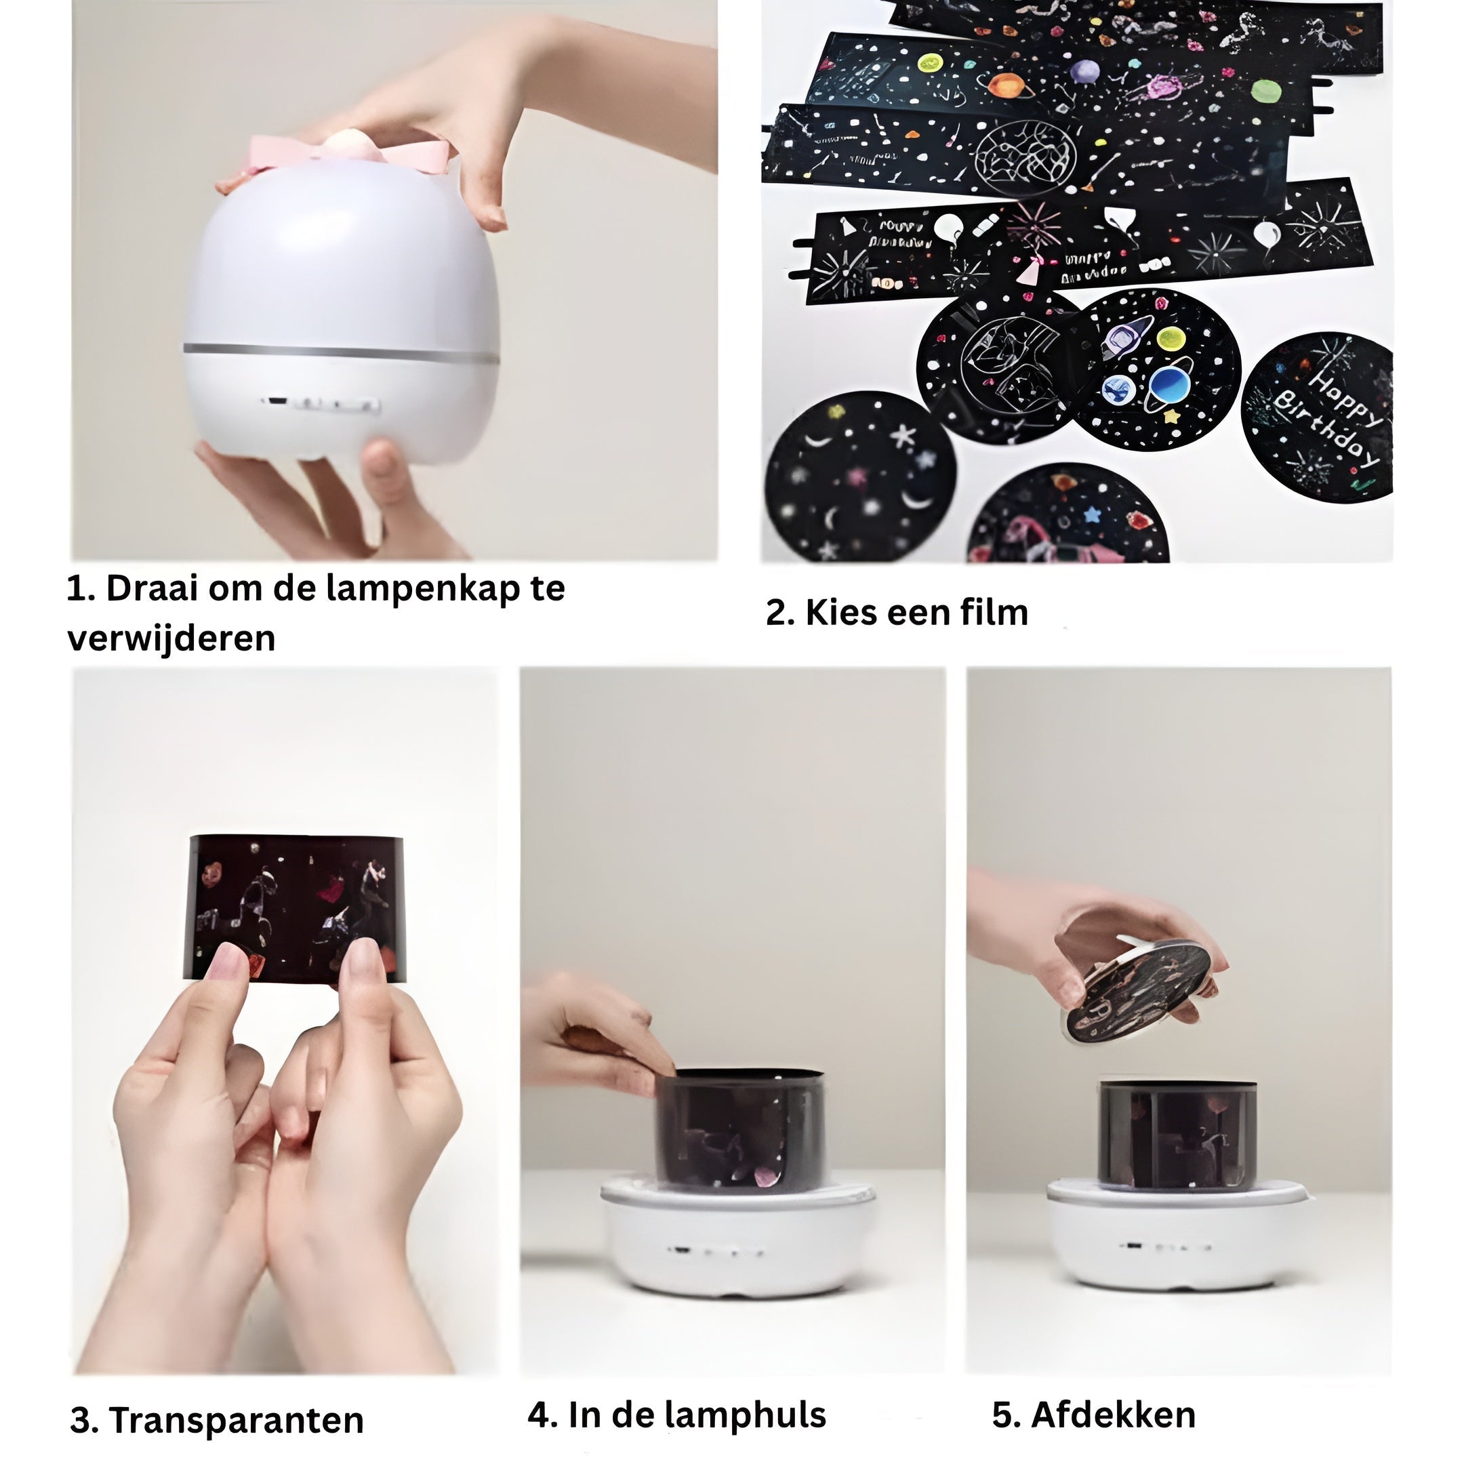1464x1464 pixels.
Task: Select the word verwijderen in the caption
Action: point(171,638)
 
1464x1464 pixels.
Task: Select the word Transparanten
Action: point(237,1420)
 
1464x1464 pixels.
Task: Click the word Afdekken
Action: point(1113,1415)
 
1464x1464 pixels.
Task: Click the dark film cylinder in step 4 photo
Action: point(739,1129)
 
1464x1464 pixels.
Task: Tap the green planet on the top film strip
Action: point(1265,91)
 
